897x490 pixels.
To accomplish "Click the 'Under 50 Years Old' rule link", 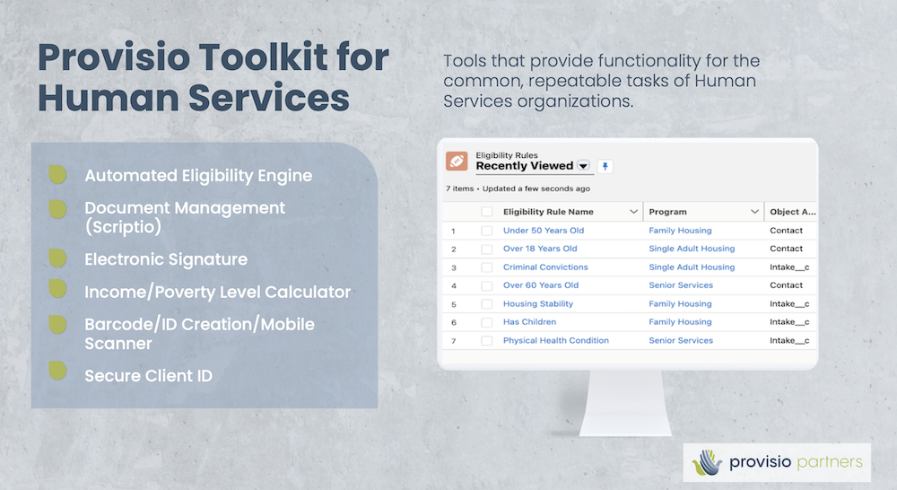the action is (x=544, y=231).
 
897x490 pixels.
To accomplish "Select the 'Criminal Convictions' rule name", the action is (x=545, y=267).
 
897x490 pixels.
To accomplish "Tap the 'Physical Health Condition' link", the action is (x=555, y=341).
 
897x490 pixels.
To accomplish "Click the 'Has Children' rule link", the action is (x=529, y=322).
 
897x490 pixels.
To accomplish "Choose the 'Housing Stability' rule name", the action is (x=537, y=304).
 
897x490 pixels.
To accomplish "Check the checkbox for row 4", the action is (x=487, y=285).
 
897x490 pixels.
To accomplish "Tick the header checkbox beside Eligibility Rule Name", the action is (x=487, y=212).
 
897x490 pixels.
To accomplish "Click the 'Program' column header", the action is (x=667, y=212).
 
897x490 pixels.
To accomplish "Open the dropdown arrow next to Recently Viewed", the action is (x=583, y=166).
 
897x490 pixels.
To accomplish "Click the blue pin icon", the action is (x=605, y=167).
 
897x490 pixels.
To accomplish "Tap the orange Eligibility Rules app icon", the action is (x=457, y=162).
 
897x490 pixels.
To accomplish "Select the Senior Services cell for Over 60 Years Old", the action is (x=681, y=285).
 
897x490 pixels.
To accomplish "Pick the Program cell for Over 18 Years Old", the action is (x=692, y=249).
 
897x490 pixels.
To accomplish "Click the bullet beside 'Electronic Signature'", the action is (x=57, y=258).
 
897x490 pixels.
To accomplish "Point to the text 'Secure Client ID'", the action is (x=148, y=376).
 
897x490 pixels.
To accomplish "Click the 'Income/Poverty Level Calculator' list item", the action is (x=217, y=292).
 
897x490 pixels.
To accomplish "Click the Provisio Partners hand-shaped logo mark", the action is (x=707, y=462).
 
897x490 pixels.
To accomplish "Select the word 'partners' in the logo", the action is (x=829, y=462).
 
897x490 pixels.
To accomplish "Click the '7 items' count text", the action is (x=460, y=188).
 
